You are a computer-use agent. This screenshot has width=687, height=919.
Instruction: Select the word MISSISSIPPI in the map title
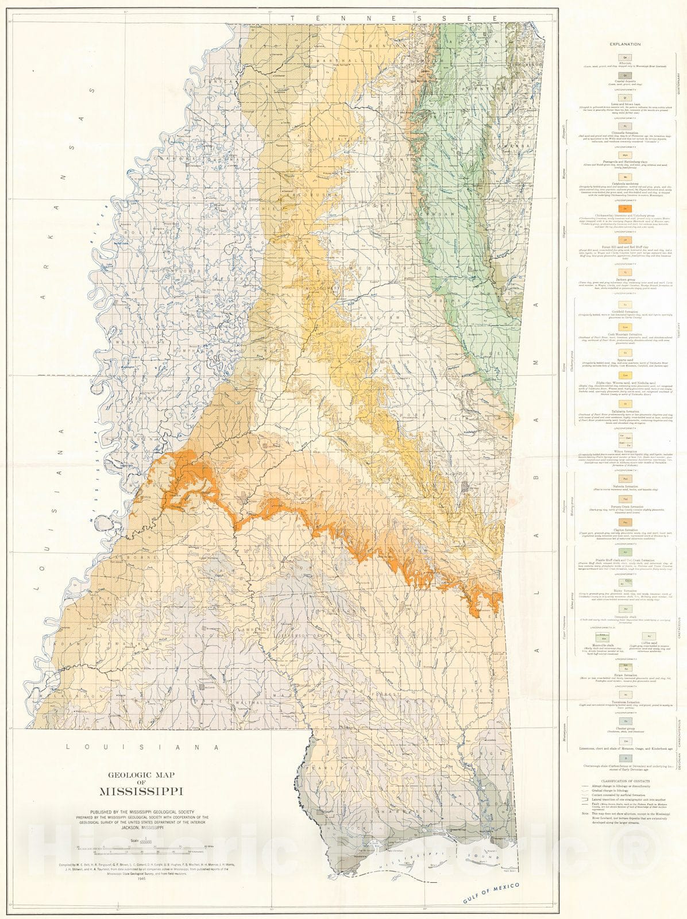coord(141,791)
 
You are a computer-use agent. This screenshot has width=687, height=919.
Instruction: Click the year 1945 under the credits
coord(141,868)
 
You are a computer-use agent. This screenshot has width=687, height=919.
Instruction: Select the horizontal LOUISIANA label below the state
coord(142,747)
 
